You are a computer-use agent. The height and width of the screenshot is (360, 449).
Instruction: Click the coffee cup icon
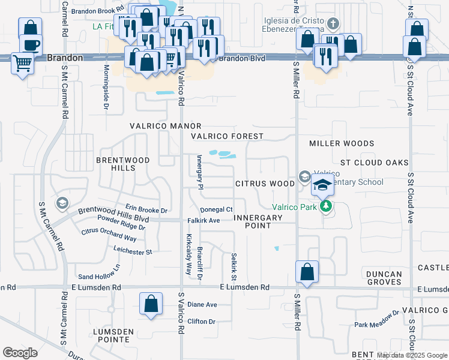pos(30,45)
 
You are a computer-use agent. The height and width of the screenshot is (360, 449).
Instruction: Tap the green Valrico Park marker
pos(326,206)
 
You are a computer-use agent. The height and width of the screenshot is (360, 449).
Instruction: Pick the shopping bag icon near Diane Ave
pos(151,304)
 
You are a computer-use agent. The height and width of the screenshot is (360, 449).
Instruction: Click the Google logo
pos(20,353)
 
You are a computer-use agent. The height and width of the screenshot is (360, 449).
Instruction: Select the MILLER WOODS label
pos(342,143)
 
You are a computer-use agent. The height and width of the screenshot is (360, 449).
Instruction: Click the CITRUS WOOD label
pos(265,183)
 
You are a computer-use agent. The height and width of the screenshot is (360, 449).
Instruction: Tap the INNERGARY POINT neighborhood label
pos(258,221)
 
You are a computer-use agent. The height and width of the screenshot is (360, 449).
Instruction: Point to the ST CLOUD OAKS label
pos(374,163)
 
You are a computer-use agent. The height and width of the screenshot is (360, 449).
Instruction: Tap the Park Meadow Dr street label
pos(376,320)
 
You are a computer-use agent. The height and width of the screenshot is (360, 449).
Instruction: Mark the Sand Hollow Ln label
pos(100,272)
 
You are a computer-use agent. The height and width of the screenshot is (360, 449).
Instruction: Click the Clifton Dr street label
pos(201,322)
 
